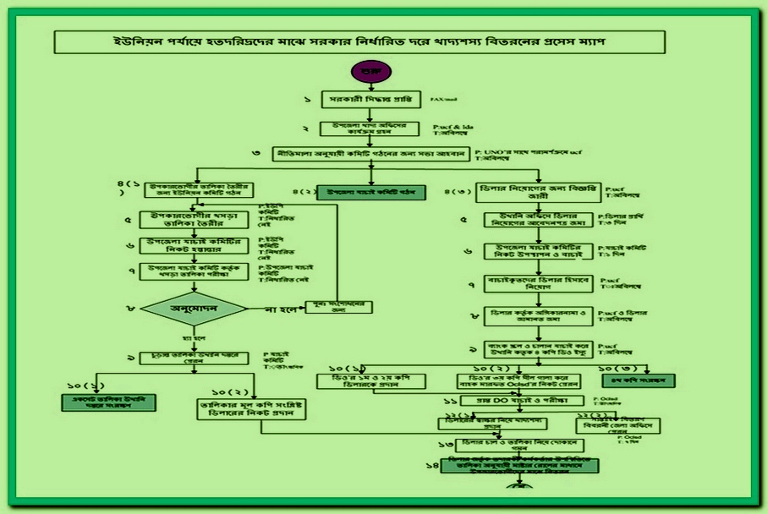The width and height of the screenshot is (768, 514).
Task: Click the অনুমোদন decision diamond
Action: [194, 309]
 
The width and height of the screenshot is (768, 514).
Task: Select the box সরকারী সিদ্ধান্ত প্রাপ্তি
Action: [370, 101]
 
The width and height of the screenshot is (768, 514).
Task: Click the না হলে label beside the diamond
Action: [280, 309]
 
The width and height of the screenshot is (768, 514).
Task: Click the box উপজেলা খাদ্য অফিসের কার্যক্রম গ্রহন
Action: [370, 128]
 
